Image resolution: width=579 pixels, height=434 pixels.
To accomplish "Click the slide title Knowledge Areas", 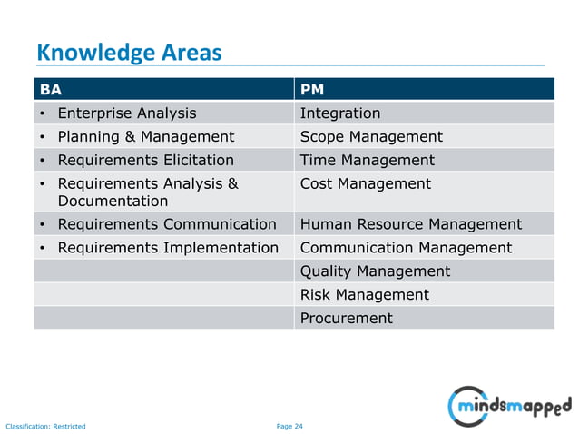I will [x=128, y=53].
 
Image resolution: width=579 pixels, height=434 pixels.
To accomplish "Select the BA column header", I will [x=51, y=90].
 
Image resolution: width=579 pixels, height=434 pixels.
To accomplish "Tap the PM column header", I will [x=311, y=90].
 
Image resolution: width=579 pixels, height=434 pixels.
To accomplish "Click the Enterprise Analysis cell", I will [x=126, y=113].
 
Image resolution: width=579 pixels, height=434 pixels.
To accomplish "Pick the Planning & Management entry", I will [x=145, y=137].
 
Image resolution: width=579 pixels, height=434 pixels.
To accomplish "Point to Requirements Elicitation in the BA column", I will [x=145, y=161].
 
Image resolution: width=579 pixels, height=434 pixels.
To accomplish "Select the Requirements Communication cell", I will [x=166, y=224].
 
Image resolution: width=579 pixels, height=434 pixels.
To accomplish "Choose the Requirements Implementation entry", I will [x=167, y=248].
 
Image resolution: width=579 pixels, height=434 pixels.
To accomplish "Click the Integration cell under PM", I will [x=340, y=113].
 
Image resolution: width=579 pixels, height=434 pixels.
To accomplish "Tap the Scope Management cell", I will [x=371, y=137].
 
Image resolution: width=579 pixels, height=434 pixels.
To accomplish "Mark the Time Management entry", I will [x=367, y=161].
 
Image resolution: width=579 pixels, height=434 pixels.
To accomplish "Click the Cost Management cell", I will [x=365, y=184].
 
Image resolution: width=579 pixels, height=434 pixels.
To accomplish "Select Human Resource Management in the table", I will [x=410, y=224].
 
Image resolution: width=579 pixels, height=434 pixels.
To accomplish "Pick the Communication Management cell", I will [x=406, y=248].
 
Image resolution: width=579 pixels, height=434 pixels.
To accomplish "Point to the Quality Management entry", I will [x=375, y=271].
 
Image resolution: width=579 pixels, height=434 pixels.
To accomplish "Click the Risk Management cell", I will [x=364, y=295].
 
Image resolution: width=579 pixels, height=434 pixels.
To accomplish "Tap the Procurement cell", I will [x=346, y=319].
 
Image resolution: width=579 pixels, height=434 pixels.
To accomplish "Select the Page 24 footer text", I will [x=289, y=426].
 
